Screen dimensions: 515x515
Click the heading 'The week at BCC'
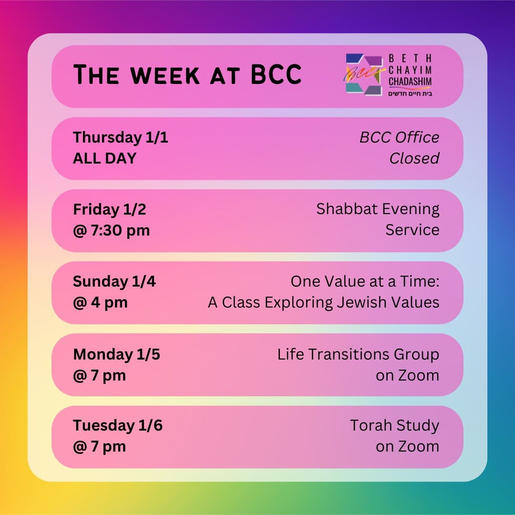click(x=187, y=75)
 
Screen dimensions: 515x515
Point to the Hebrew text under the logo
click(x=410, y=93)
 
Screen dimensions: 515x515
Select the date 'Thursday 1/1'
click(x=120, y=137)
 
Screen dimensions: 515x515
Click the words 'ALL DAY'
click(x=104, y=158)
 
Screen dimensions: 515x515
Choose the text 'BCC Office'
click(x=399, y=137)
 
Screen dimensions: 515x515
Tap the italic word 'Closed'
click(x=414, y=158)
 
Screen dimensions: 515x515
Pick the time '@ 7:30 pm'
click(x=111, y=230)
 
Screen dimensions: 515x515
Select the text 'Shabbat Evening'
click(x=378, y=209)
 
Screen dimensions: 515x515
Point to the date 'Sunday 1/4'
click(x=114, y=281)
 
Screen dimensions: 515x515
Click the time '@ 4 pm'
click(x=100, y=302)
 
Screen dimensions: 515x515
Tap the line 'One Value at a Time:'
click(x=365, y=281)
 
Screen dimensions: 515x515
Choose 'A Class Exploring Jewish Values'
click(x=323, y=302)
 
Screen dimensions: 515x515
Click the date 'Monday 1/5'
click(x=116, y=354)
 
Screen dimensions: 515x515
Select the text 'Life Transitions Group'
click(x=358, y=354)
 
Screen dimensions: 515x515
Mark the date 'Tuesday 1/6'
click(x=117, y=425)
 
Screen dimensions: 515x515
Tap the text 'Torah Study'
click(x=394, y=425)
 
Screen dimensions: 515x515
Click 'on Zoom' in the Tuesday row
click(x=407, y=446)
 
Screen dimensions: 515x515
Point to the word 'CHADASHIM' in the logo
click(x=410, y=82)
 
